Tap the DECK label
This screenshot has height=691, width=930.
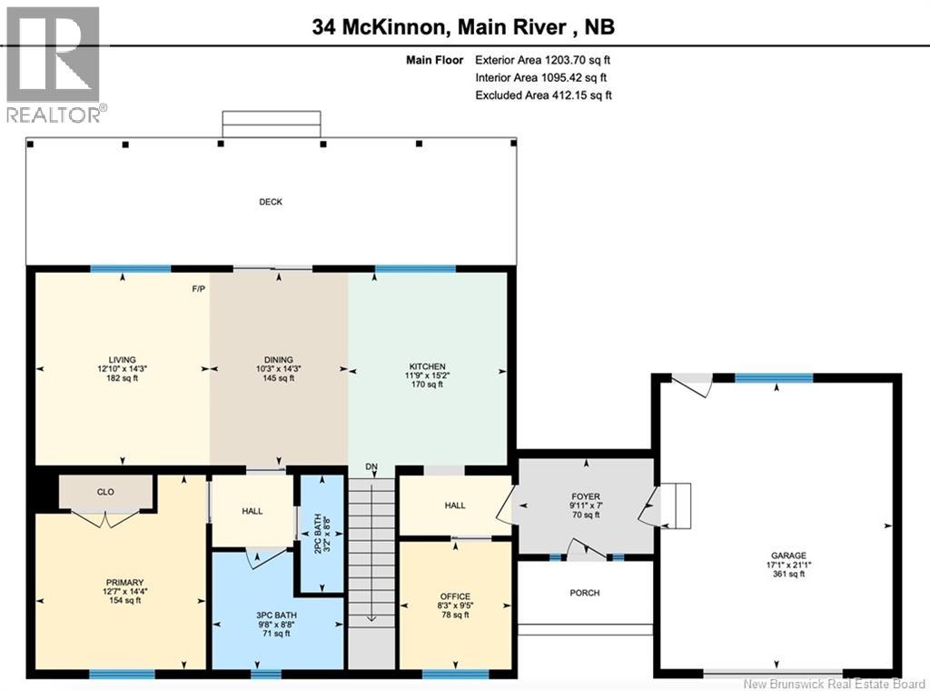[x=270, y=202]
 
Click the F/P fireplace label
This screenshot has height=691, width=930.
[x=198, y=289]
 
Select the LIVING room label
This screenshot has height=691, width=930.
[x=122, y=360]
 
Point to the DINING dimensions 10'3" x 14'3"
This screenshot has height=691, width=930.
[x=279, y=369]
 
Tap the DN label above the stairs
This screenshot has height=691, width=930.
[x=371, y=467]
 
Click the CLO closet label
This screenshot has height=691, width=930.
[x=105, y=492]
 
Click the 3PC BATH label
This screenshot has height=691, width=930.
[x=277, y=616]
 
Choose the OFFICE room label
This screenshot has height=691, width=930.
[x=455, y=596]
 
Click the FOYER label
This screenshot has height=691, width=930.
[x=585, y=497]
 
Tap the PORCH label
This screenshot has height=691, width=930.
[x=585, y=593]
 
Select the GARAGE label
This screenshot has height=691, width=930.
[x=788, y=555]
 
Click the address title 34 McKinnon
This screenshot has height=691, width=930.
[x=379, y=27]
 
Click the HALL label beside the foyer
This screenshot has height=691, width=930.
[x=456, y=505]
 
